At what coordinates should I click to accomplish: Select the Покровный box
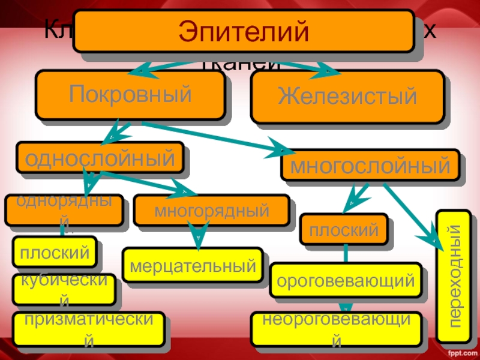tap(130, 94)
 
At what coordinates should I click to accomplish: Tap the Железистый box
tap(347, 97)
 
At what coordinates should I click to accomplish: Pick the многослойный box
tap(370, 165)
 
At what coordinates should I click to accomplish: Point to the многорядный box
tap(211, 211)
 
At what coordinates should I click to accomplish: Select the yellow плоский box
tap(55, 253)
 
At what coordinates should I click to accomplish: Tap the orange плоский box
tap(344, 229)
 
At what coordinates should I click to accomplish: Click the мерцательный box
tap(193, 265)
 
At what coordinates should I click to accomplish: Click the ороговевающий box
tap(345, 280)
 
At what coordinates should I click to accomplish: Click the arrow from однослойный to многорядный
tap(144, 182)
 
